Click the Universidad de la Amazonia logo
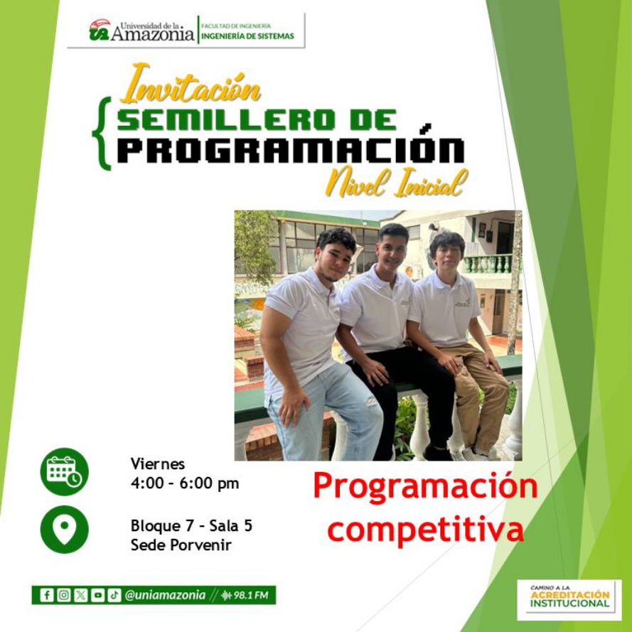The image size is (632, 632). click(x=141, y=31)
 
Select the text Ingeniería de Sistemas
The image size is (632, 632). click(x=247, y=36)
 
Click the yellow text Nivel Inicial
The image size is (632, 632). click(x=396, y=183)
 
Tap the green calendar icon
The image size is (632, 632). click(x=65, y=471)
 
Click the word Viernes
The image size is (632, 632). click(x=158, y=464)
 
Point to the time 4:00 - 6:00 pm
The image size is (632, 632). click(x=185, y=484)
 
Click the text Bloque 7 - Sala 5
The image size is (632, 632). click(x=191, y=526)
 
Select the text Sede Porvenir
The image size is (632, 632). click(x=181, y=545)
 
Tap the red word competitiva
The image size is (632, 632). click(x=425, y=530)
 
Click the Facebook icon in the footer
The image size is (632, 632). click(x=46, y=595)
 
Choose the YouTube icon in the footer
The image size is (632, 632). click(x=97, y=595)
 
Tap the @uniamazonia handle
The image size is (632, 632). click(x=166, y=595)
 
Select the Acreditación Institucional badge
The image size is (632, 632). click(x=569, y=599)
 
